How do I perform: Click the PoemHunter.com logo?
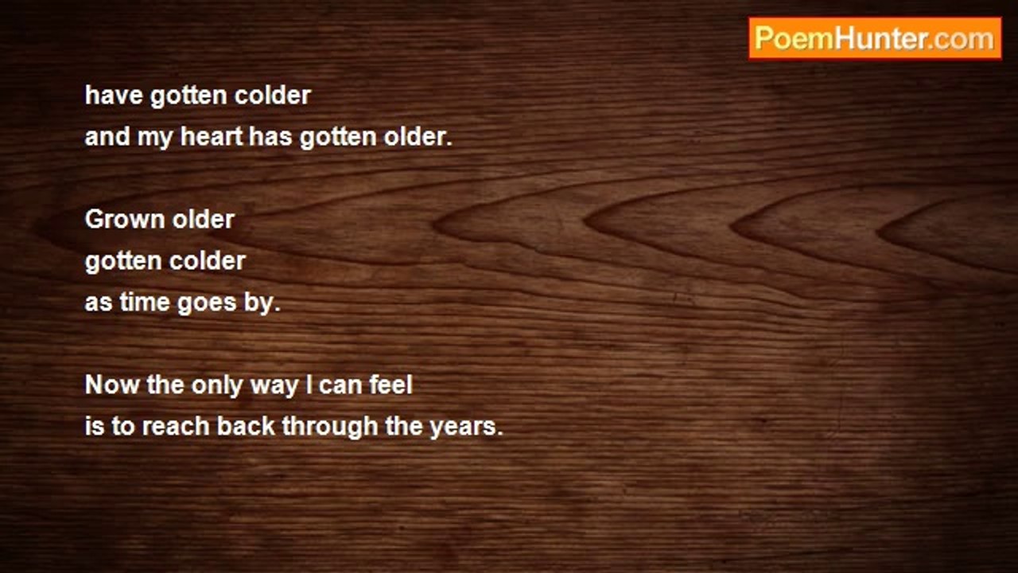[x=875, y=38]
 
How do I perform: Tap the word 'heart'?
[x=212, y=136]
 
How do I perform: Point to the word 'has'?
[x=271, y=136]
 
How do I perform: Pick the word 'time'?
[x=145, y=302]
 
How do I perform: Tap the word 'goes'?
[x=208, y=304]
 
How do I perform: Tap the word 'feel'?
[x=390, y=384]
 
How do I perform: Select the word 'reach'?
[x=176, y=426]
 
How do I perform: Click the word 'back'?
[x=246, y=426]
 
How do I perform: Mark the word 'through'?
[x=330, y=428]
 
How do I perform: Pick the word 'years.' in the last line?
[x=467, y=428]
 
